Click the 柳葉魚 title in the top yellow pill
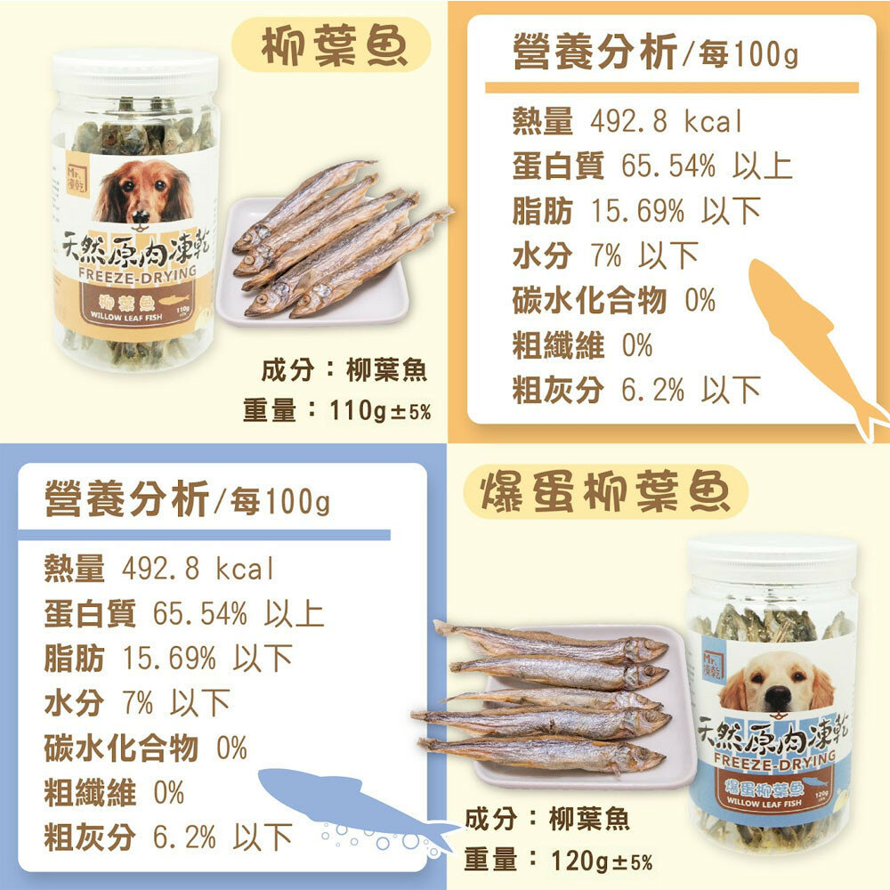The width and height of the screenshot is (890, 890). click(x=334, y=45)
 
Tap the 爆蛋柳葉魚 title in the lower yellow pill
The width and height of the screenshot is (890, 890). click(x=605, y=491)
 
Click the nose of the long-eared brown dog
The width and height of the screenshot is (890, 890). click(x=141, y=215)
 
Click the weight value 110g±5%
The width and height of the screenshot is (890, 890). click(x=380, y=410)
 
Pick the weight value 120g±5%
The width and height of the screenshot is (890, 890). click(x=602, y=861)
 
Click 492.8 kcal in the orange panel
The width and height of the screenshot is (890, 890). click(x=666, y=121)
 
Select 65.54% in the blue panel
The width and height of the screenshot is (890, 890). click(x=199, y=613)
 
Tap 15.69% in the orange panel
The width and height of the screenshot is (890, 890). click(x=638, y=211)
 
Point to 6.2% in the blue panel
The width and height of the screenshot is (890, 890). click(x=184, y=837)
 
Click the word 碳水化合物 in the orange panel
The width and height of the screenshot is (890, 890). click(x=589, y=300)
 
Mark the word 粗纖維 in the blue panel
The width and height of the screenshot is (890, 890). click(x=90, y=792)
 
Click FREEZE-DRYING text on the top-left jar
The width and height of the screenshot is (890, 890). click(x=137, y=273)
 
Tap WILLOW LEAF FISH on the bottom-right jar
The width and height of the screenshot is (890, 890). click(x=764, y=803)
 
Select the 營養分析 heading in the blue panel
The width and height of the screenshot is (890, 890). click(x=127, y=498)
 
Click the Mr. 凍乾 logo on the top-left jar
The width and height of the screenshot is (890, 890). click(x=77, y=180)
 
